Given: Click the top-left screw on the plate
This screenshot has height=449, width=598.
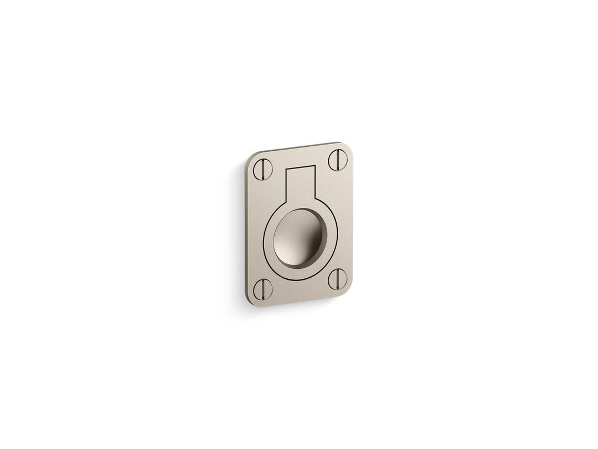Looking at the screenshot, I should (x=263, y=169).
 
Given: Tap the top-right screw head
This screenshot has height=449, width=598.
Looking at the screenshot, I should (x=337, y=160).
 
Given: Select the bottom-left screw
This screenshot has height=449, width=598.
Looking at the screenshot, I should (x=263, y=289).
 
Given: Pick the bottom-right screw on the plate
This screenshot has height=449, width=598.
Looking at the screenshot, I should (x=337, y=279).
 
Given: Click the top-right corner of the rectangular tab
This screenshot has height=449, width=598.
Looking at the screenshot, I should (x=315, y=166).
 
